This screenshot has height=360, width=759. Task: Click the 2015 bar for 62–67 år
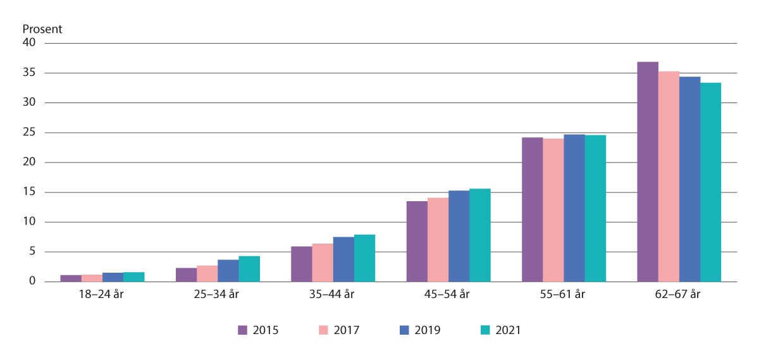click(x=648, y=171)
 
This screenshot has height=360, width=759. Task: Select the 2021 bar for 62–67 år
click(x=710, y=182)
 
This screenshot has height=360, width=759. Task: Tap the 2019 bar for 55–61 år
click(x=574, y=208)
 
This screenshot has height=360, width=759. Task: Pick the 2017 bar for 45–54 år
click(x=438, y=240)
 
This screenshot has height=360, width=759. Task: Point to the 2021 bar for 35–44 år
click(x=364, y=258)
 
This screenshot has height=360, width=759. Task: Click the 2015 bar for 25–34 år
click(x=186, y=275)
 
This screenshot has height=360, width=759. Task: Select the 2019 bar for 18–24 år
click(x=113, y=277)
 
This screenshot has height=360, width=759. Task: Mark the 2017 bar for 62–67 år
click(x=669, y=177)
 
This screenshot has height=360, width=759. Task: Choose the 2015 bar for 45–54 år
click(x=417, y=241)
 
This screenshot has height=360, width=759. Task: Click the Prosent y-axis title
click(x=42, y=30)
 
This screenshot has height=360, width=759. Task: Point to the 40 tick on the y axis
click(x=29, y=43)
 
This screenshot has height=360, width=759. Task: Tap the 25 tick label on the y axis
click(x=29, y=133)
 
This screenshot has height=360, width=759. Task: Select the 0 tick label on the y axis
click(x=32, y=282)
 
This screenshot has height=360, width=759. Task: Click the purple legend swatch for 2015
click(x=242, y=330)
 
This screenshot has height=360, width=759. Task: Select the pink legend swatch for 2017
click(x=323, y=330)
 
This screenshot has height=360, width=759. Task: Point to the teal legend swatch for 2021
click(x=485, y=330)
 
